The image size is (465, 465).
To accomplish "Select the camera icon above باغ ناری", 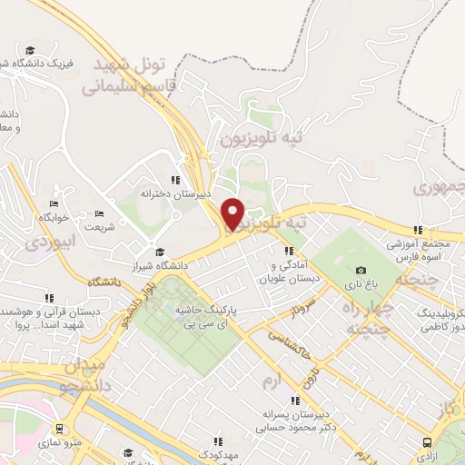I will [x=361, y=271].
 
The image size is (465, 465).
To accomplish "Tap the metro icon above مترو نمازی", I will [x=59, y=429].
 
